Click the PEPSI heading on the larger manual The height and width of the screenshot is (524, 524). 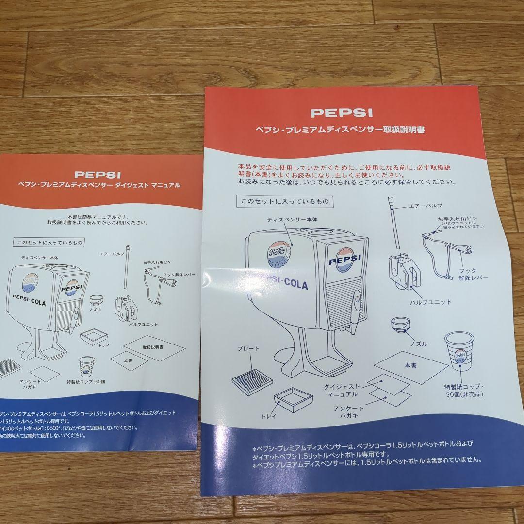(341, 113)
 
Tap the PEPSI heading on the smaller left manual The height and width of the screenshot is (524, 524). (98, 174)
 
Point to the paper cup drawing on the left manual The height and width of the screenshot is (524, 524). (86, 367)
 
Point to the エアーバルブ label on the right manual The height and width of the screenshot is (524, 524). (425, 206)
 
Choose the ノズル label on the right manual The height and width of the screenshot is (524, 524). (418, 344)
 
